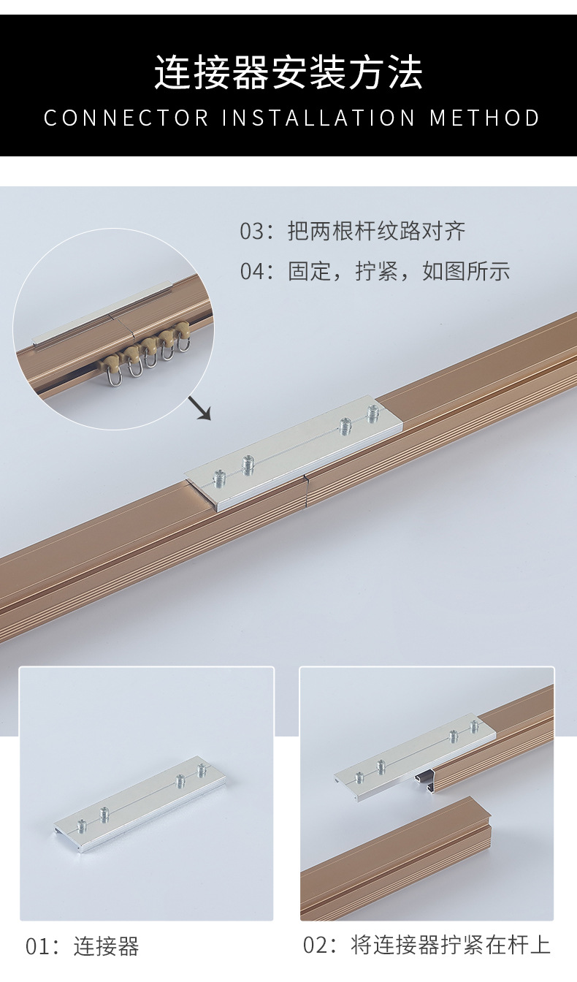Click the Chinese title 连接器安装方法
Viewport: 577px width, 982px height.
[x=288, y=73]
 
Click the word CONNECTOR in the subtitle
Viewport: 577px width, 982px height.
[x=126, y=118]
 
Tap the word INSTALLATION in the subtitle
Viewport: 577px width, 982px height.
[x=318, y=118]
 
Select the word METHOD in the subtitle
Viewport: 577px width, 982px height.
[x=485, y=118]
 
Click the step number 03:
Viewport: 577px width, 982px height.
[x=256, y=232]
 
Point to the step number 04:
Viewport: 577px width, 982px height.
[x=256, y=272]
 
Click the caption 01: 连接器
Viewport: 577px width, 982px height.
[x=82, y=947]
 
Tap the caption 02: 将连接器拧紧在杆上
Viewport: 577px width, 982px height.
[x=427, y=945]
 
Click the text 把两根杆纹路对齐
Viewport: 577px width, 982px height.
[x=377, y=232]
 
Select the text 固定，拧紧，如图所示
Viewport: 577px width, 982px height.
[x=399, y=272]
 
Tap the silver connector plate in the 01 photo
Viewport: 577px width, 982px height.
[x=139, y=804]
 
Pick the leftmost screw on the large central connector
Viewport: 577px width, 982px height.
[x=220, y=479]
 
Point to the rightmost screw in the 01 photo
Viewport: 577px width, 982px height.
[x=202, y=770]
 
